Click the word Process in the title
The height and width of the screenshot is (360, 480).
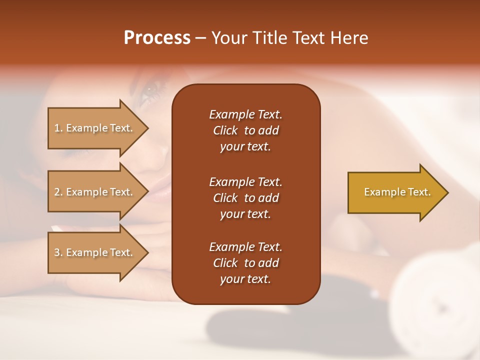click(157, 38)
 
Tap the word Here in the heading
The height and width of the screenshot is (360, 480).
click(348, 38)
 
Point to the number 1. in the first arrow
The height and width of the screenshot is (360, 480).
click(58, 128)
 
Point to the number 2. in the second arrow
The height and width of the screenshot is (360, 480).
click(58, 192)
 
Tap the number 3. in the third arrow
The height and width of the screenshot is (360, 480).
click(58, 252)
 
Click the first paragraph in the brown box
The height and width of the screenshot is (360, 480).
click(245, 130)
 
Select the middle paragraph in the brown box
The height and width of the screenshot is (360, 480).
click(245, 198)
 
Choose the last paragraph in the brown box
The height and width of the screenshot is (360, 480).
click(245, 263)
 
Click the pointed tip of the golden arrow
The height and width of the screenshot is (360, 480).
click(446, 192)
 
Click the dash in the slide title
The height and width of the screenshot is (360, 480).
click(200, 38)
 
